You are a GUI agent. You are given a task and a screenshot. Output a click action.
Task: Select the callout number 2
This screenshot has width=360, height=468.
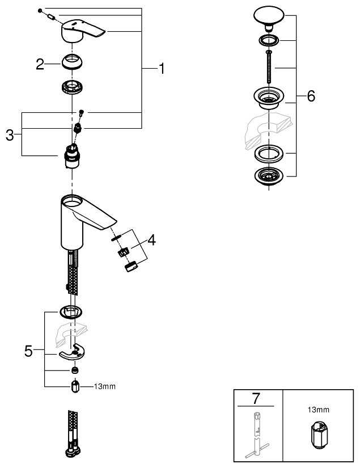tap(40, 64)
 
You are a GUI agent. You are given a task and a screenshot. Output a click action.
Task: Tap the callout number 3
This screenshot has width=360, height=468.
tap(10, 135)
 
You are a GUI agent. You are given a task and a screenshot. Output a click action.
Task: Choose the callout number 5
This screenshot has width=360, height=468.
tap(28, 351)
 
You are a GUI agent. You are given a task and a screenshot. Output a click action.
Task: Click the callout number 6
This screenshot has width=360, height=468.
tap(311, 96)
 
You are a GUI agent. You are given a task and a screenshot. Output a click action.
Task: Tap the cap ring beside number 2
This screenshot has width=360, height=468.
tap(73, 62)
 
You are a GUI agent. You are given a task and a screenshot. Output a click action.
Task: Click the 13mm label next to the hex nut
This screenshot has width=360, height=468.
tap(104, 387)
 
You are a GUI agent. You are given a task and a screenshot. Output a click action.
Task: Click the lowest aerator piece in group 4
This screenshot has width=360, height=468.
tap(131, 265)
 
